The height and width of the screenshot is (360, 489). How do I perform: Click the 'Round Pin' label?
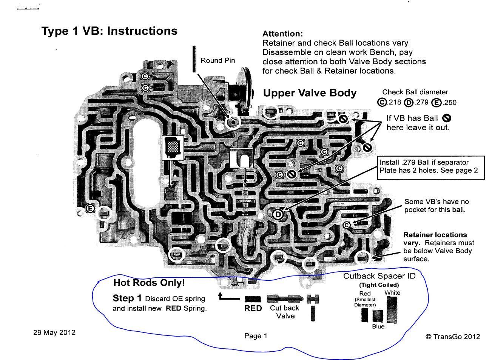click(218, 60)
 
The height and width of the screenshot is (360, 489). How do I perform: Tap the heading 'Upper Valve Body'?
click(310, 93)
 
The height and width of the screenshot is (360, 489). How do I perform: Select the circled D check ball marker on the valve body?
click(278, 214)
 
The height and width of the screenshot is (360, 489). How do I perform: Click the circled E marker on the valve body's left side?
click(90, 209)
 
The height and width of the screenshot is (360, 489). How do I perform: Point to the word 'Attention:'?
click(283, 34)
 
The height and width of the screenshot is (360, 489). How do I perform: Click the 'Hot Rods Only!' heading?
click(149, 283)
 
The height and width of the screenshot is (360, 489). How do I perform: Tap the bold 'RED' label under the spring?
click(253, 308)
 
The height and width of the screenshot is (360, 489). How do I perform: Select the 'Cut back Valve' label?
click(285, 312)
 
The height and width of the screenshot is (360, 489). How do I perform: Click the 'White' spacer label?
click(392, 292)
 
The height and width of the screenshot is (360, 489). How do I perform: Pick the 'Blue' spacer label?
click(378, 326)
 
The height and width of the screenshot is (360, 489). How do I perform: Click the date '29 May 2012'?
click(54, 332)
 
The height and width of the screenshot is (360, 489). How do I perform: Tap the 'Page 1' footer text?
click(256, 336)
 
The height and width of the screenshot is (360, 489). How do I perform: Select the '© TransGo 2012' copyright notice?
click(453, 337)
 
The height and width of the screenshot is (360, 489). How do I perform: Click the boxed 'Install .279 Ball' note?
click(431, 168)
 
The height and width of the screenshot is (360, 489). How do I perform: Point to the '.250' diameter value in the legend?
click(444, 102)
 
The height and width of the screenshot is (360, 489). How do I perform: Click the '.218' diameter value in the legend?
click(389, 102)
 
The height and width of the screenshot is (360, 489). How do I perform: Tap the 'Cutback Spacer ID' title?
click(379, 276)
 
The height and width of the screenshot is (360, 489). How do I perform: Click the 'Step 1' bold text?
click(127, 298)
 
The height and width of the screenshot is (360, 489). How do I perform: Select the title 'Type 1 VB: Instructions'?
click(110, 31)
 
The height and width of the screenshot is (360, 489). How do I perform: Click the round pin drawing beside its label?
click(194, 59)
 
